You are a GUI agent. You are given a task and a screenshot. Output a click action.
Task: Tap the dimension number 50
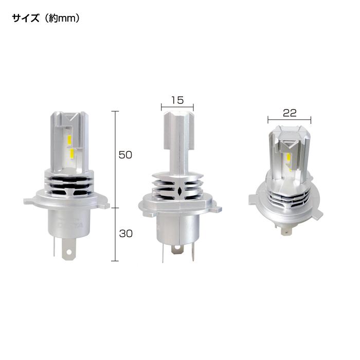point(126,155)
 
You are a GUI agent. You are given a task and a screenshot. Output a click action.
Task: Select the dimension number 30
point(126,233)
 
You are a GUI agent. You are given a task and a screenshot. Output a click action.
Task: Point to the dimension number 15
point(177,100)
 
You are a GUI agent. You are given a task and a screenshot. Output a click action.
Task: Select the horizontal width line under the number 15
point(177,108)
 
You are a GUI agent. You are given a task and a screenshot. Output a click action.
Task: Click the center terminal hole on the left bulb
point(67,253)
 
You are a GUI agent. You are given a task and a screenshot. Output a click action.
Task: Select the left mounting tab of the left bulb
point(28,201)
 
